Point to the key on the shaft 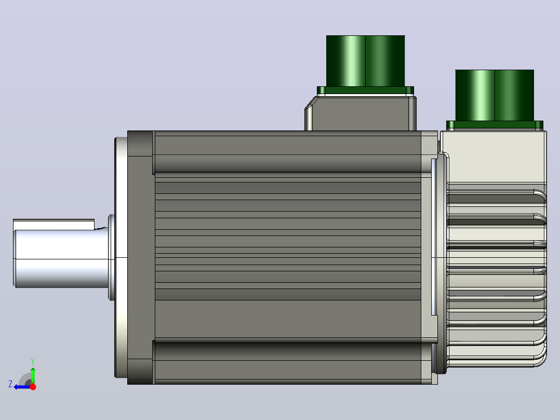coord(54,225)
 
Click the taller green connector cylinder coord(365,61)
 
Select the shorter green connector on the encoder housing coord(495,96)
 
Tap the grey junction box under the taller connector coord(361,113)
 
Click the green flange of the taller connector coord(365,90)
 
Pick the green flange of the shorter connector coord(495,125)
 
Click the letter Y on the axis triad coord(33,362)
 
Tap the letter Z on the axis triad coord(10,384)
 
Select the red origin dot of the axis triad coord(33,387)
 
